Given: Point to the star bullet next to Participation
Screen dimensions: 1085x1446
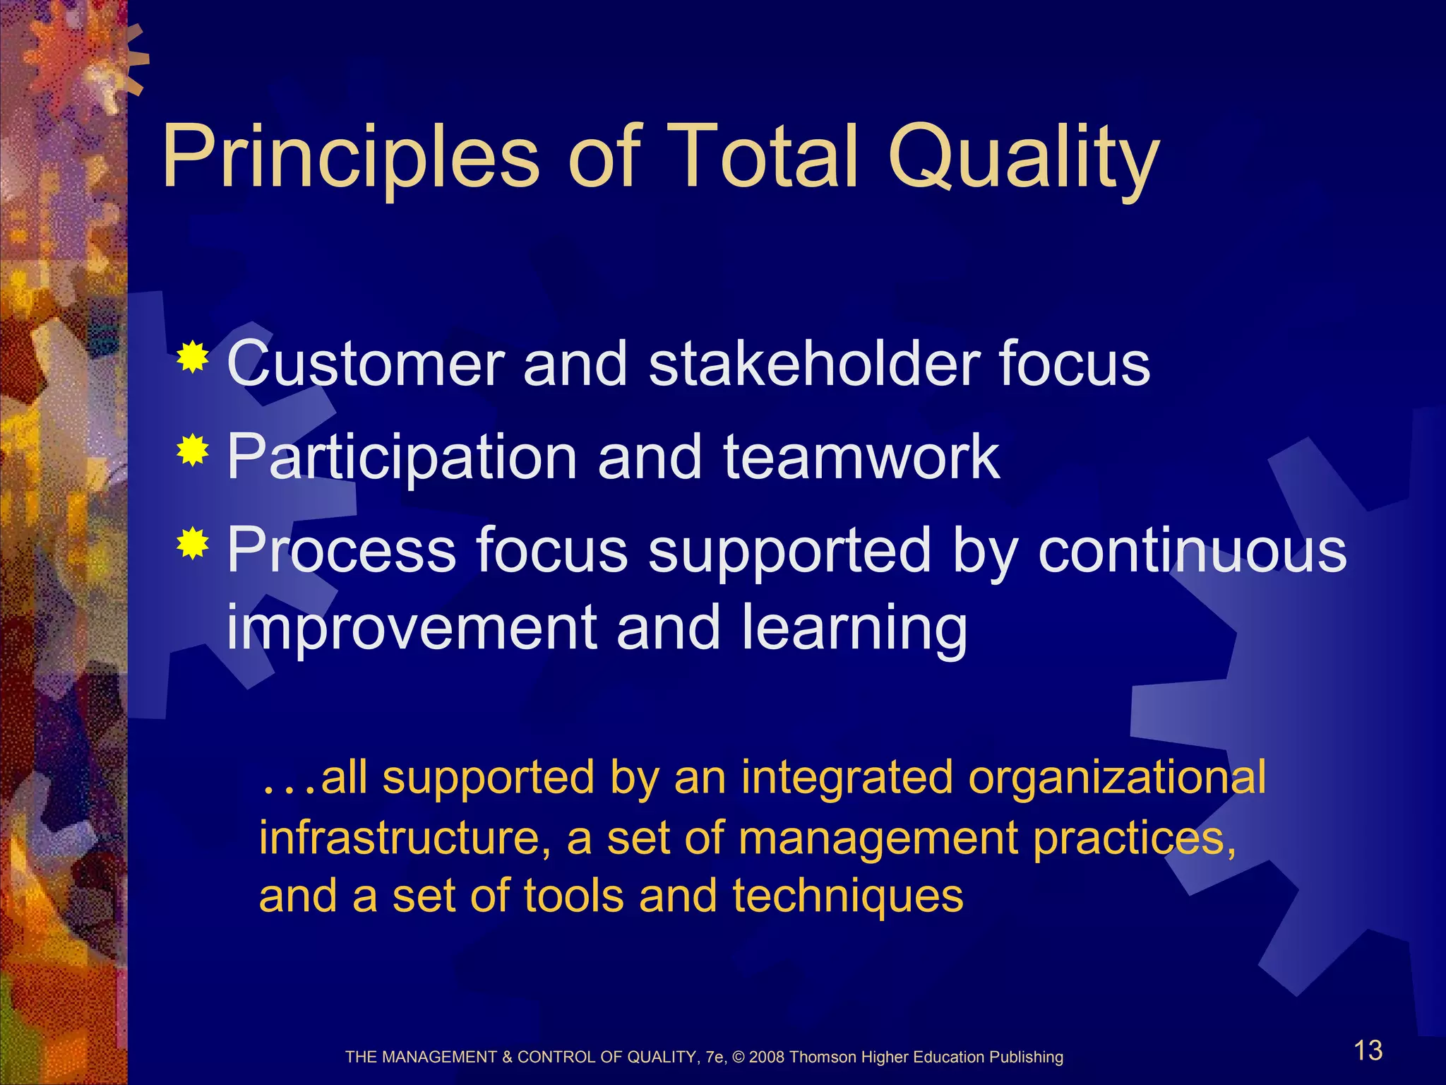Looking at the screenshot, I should (x=193, y=451).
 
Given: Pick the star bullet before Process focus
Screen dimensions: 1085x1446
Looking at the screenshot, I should (x=193, y=544).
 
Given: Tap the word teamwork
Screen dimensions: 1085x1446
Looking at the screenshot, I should (x=861, y=457).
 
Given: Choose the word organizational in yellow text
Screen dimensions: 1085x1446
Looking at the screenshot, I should (x=1116, y=778).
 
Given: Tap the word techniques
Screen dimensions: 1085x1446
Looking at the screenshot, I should (x=847, y=897).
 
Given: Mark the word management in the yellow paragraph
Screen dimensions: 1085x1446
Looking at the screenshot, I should (x=879, y=839).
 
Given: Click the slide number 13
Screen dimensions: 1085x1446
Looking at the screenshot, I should (x=1368, y=1050).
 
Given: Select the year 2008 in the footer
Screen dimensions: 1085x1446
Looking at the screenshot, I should (x=767, y=1057).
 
